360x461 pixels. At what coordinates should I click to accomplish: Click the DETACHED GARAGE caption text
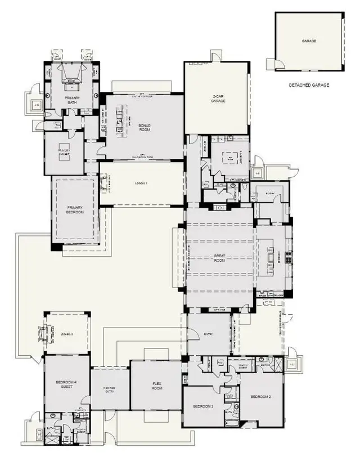309,85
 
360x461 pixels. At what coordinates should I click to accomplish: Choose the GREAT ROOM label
219,258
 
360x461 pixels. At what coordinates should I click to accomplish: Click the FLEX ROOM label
157,386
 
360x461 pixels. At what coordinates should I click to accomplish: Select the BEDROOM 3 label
203,406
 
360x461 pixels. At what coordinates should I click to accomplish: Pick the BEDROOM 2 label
260,397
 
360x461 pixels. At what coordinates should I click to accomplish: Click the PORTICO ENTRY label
109,390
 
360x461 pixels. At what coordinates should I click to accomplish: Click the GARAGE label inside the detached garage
308,41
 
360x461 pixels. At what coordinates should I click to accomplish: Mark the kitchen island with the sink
268,257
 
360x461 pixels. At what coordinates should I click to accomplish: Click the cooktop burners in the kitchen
289,258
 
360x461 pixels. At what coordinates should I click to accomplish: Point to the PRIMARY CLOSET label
64,151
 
